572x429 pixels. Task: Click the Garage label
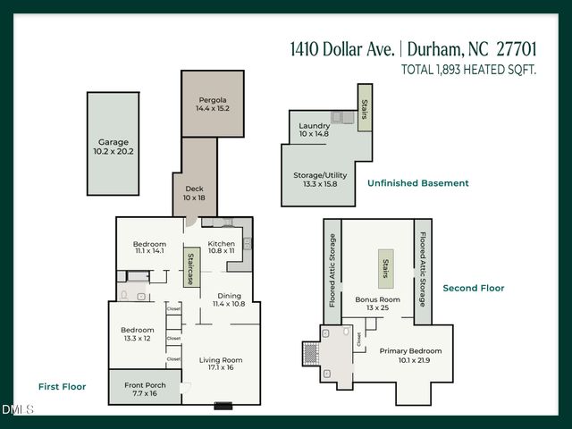tap(114, 142)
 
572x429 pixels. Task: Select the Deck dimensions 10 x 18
tap(195, 198)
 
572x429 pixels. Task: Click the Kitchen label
tap(221, 244)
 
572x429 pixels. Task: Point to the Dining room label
tap(229, 295)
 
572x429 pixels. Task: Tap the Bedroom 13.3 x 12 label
tap(138, 331)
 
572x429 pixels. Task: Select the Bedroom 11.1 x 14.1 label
tap(149, 244)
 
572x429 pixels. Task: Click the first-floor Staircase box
tap(191, 268)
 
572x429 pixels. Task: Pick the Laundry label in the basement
tap(315, 126)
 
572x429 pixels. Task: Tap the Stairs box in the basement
tap(365, 108)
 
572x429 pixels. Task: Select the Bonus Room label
tap(377, 299)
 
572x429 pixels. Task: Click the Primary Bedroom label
tap(410, 351)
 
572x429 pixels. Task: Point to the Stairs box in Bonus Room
tap(386, 268)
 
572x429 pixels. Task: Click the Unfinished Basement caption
tap(417, 183)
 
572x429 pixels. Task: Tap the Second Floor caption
tap(473, 288)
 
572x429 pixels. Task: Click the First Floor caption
tap(62, 387)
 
